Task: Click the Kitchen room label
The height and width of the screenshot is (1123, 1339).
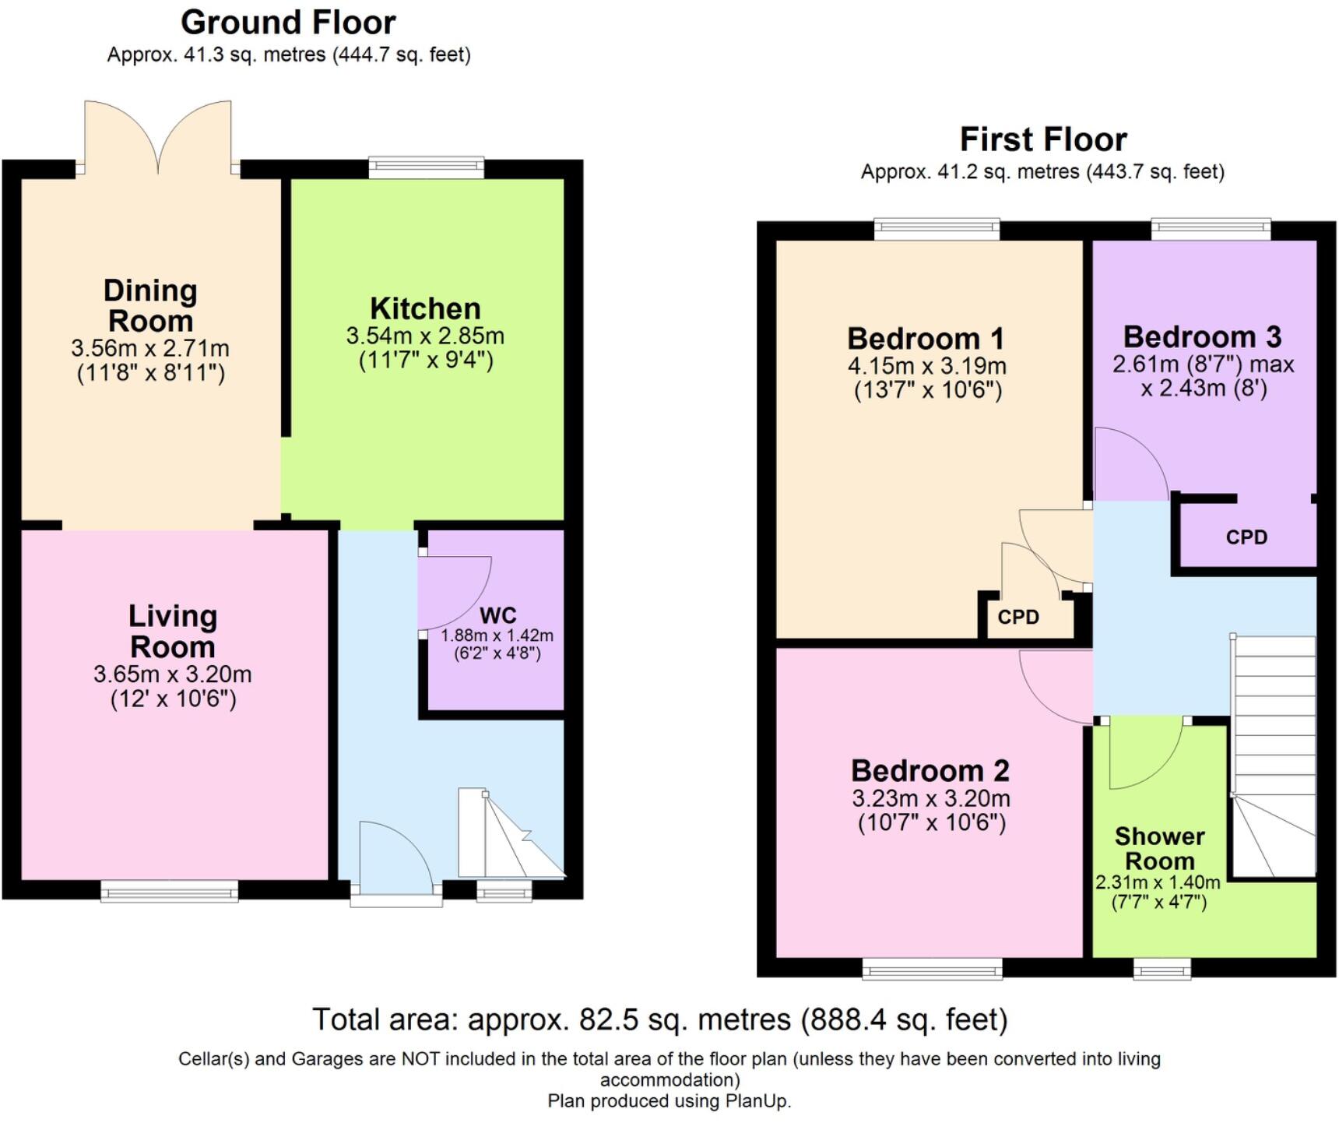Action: tap(425, 309)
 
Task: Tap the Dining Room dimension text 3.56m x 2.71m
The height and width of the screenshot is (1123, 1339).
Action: tap(150, 347)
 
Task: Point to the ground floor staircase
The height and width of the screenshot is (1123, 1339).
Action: tap(510, 837)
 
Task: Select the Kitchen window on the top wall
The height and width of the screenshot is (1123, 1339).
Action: tap(426, 167)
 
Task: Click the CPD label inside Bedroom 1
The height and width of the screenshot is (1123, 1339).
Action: tap(1018, 618)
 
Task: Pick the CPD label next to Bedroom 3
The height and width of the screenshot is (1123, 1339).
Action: tap(1246, 537)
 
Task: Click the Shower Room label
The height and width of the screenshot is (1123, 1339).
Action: tap(1159, 849)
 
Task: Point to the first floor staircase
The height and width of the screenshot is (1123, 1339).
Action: tap(1274, 755)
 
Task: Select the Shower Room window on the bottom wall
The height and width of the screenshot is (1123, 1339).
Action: tap(1162, 969)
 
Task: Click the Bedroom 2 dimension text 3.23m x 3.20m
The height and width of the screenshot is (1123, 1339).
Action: tap(931, 798)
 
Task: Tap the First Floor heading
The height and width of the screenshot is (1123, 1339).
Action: tap(1042, 140)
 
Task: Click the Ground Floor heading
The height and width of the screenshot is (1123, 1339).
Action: tap(288, 23)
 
